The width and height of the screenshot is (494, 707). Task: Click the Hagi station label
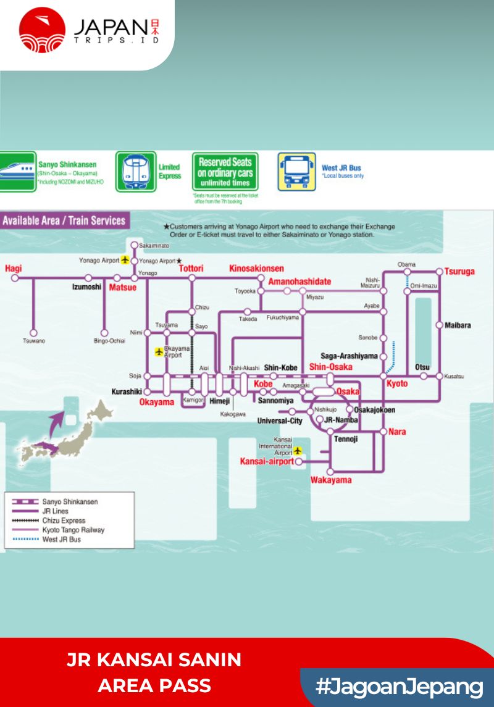point(13,269)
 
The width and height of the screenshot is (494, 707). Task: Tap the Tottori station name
point(191,269)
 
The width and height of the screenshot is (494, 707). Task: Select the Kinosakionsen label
point(256,268)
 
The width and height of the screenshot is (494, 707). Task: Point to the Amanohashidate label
point(299,282)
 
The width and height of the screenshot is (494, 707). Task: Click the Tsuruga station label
point(459,271)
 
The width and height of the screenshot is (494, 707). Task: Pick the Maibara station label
point(458,325)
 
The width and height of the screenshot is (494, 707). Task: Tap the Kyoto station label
point(397,383)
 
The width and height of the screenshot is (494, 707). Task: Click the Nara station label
point(397,432)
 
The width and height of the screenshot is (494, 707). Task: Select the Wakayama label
point(331,480)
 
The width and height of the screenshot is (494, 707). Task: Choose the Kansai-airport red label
point(267,461)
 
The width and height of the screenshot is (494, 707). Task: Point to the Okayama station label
point(157,402)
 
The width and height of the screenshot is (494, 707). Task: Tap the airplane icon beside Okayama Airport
point(159,352)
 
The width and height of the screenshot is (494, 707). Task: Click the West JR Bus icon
point(296,172)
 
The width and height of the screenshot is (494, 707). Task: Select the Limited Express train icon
point(136,172)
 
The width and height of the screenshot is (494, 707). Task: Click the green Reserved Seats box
point(225,172)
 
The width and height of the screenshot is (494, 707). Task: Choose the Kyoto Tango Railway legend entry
point(73,530)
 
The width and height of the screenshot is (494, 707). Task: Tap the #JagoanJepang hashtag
point(399,687)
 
